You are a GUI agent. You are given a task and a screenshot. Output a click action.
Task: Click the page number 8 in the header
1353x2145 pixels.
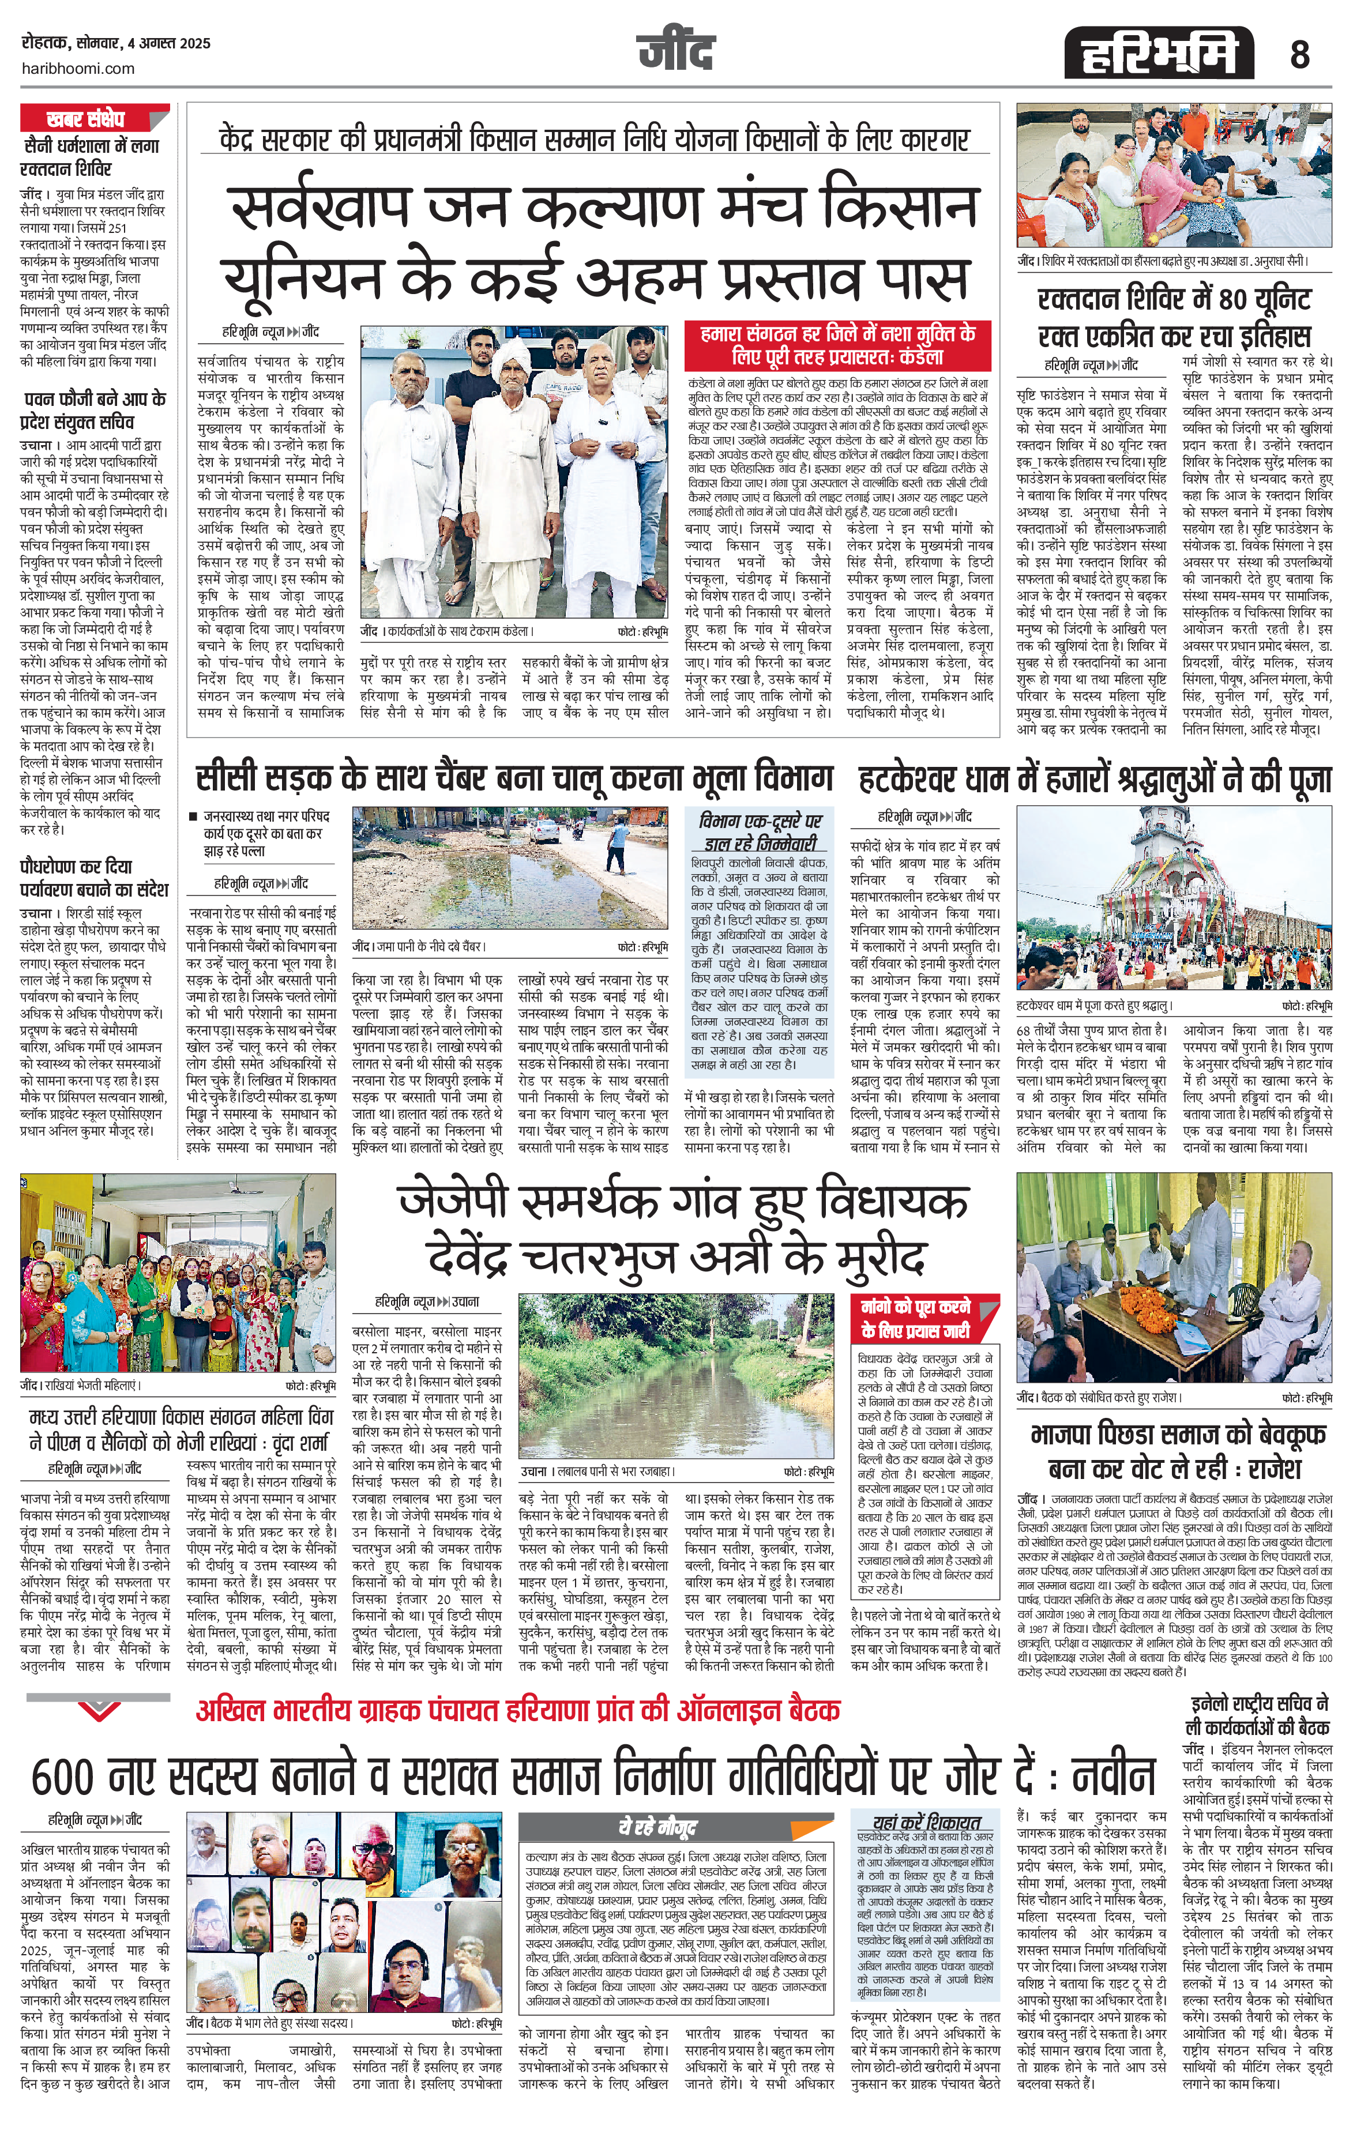click(1299, 56)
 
